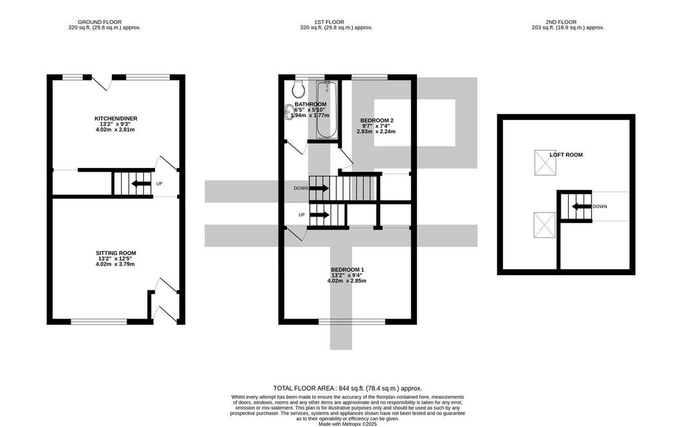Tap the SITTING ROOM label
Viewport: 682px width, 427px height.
point(116,253)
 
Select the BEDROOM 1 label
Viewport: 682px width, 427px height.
point(348,270)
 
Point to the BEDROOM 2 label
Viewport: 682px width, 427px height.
point(377,121)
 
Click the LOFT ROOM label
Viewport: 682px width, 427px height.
point(566,155)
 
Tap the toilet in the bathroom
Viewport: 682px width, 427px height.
point(298,89)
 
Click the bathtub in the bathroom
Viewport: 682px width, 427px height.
point(326,109)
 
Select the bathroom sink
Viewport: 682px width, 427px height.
point(289,112)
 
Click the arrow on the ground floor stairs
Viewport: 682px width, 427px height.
point(140,183)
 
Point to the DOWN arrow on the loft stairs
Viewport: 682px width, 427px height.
point(581,206)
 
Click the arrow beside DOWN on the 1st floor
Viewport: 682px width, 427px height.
point(319,189)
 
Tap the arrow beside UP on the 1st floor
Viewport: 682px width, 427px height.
point(320,214)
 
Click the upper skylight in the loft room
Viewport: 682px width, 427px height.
point(545,163)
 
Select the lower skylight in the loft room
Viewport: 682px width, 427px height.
point(545,224)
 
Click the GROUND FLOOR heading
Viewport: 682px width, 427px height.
point(100,22)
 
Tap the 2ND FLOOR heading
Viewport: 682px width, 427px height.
point(561,22)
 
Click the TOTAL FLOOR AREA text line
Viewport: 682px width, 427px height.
point(348,388)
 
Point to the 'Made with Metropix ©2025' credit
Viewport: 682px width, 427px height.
point(348,424)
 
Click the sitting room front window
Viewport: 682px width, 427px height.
point(99,322)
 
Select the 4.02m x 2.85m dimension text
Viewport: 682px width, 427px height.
point(346,281)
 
